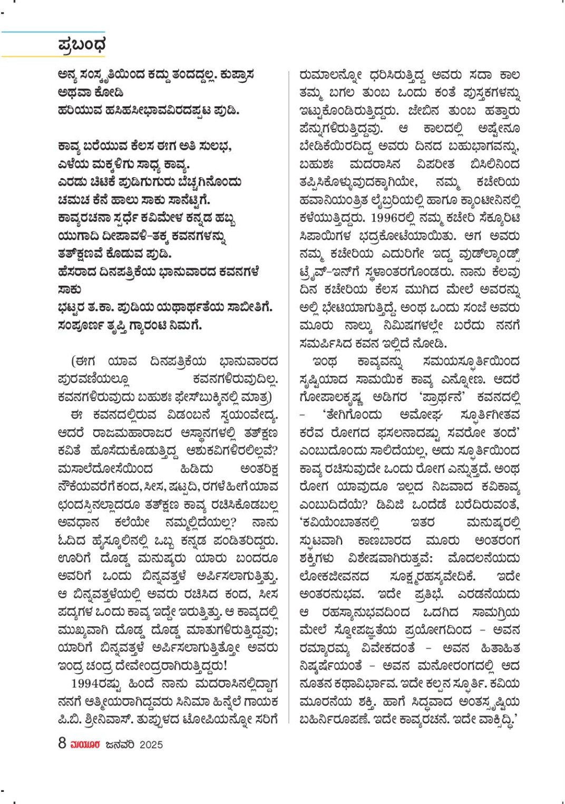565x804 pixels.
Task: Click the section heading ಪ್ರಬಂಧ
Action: click(82, 45)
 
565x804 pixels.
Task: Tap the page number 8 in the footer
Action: click(62, 743)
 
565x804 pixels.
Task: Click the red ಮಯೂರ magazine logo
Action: click(86, 744)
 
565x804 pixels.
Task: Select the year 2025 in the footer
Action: click(151, 744)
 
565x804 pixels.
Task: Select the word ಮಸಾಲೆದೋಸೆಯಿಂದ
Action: click(105, 469)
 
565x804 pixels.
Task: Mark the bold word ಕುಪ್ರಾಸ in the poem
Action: click(237, 75)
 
